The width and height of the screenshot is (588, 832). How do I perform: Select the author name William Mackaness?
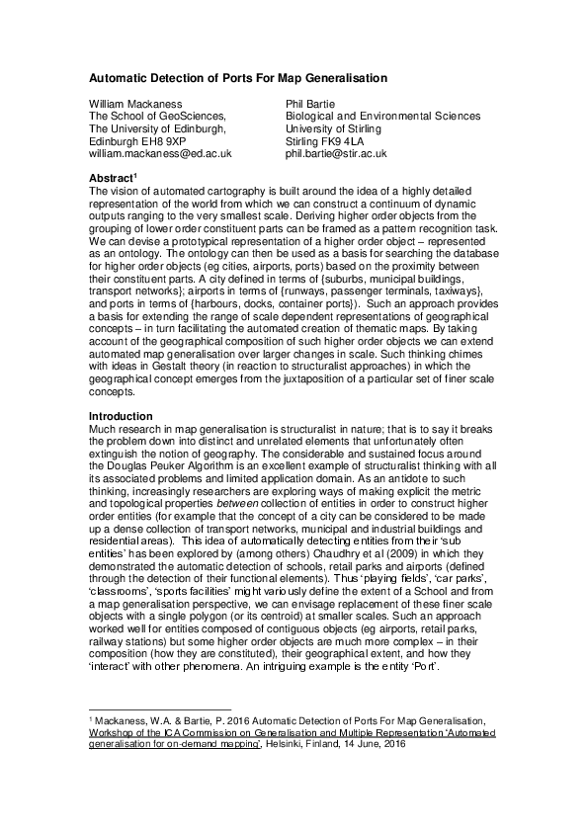pos(135,102)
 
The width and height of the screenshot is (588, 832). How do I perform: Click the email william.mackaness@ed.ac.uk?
pos(160,154)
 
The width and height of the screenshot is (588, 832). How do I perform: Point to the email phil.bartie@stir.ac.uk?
pos(335,154)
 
